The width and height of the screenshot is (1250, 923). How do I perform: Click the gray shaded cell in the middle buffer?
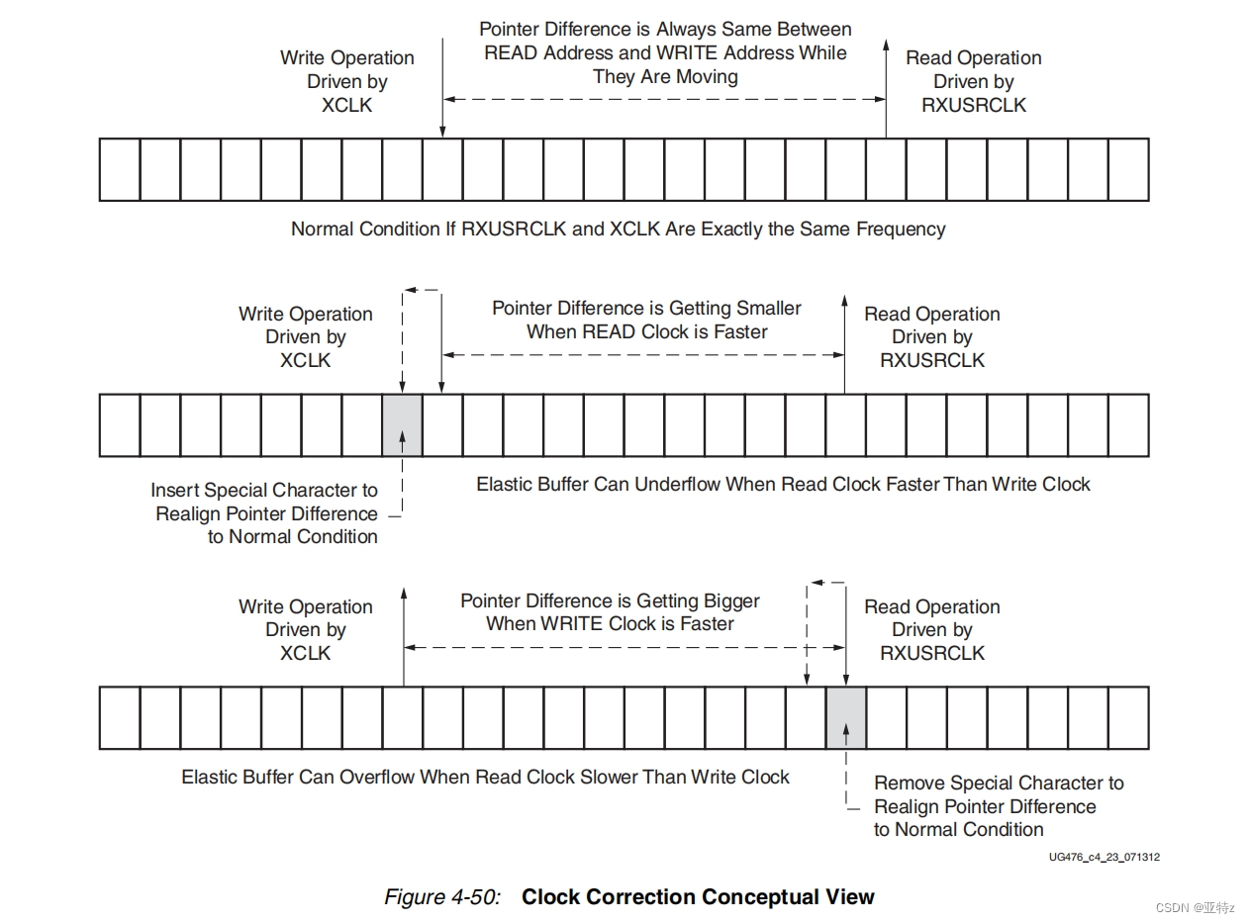coord(402,424)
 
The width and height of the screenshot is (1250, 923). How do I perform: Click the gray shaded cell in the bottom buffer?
coord(846,717)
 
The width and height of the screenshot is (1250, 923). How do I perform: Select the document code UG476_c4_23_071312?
coord(1105,857)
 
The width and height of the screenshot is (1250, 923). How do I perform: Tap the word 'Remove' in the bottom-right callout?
coord(908,783)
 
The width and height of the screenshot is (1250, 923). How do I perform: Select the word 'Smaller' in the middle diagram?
coord(759,308)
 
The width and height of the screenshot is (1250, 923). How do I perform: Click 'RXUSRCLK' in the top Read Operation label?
coord(974,105)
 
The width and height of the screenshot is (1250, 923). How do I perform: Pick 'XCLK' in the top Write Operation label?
coord(346,105)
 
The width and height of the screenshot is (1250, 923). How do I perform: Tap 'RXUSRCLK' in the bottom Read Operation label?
coord(932,653)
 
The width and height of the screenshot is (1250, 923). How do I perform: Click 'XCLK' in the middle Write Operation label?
coord(305,360)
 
